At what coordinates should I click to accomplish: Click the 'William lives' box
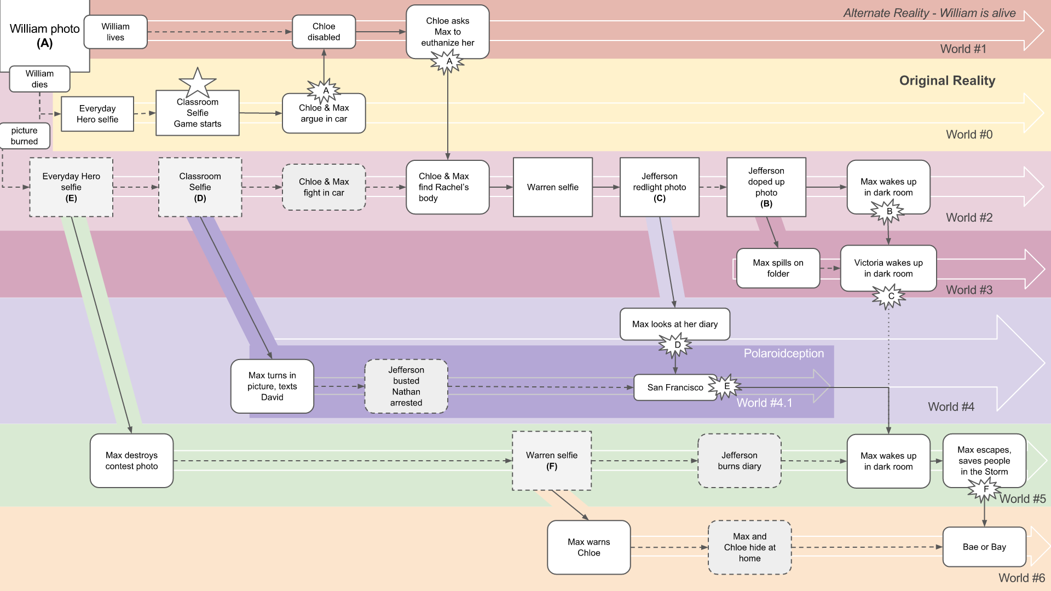point(116,32)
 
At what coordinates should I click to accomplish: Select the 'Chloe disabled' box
point(324,32)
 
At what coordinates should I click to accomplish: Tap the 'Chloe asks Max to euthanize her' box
point(447,32)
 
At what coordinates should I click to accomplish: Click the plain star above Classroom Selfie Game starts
point(197,83)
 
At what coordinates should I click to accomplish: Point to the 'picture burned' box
point(25,136)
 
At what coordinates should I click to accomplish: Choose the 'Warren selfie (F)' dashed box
point(552,461)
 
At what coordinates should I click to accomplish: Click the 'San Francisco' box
point(675,387)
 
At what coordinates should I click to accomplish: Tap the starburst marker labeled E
point(726,386)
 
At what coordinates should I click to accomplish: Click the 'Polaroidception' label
point(783,354)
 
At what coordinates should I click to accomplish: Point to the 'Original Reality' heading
point(947,81)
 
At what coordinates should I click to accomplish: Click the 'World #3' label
point(969,290)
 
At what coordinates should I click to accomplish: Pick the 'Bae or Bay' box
point(984,547)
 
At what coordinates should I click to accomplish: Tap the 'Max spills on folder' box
point(778,268)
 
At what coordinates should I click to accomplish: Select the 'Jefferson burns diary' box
point(740,461)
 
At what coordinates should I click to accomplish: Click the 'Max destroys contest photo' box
point(132,461)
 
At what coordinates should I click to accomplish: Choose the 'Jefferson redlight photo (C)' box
point(660,187)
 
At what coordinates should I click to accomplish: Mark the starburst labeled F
point(985,490)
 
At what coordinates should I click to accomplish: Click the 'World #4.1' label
point(764,403)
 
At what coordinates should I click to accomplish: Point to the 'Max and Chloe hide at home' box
point(750,547)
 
